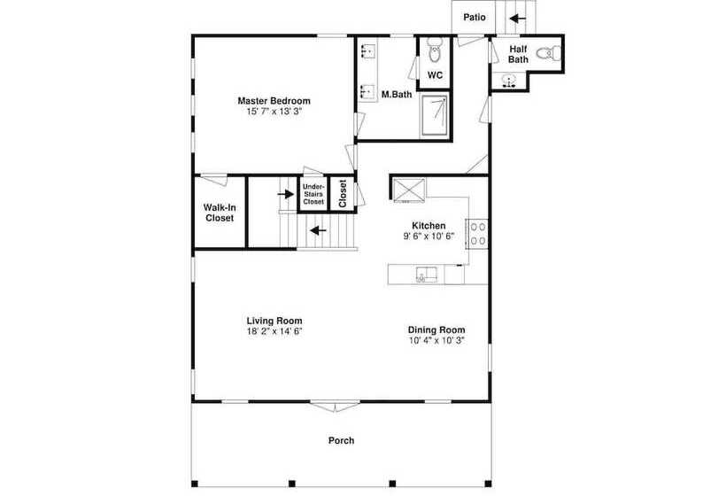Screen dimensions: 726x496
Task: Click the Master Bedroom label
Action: coord(274,100)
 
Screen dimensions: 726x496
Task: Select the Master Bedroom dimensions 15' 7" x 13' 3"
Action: coord(274,111)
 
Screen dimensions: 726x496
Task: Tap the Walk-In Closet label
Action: coord(220,213)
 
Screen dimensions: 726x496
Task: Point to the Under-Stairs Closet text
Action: coord(313,194)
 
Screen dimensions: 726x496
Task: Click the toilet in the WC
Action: coord(435,50)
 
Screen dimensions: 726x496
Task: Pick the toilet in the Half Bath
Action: coord(549,53)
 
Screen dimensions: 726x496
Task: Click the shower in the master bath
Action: coord(435,115)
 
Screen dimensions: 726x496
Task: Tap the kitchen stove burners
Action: coord(478,234)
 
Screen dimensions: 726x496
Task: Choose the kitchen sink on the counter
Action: coord(427,275)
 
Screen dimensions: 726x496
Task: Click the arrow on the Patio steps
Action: coord(518,19)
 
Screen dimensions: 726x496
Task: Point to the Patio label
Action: coord(475,17)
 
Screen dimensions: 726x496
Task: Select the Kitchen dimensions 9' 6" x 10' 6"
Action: coord(429,236)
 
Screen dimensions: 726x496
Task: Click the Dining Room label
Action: coord(436,329)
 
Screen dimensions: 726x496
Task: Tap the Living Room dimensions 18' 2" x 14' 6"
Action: coord(274,331)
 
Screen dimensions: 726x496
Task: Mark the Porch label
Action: coord(341,440)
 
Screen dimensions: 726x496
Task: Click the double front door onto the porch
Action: coord(335,407)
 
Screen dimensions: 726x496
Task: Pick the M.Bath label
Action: coord(397,95)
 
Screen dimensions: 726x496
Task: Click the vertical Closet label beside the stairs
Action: coord(343,194)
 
